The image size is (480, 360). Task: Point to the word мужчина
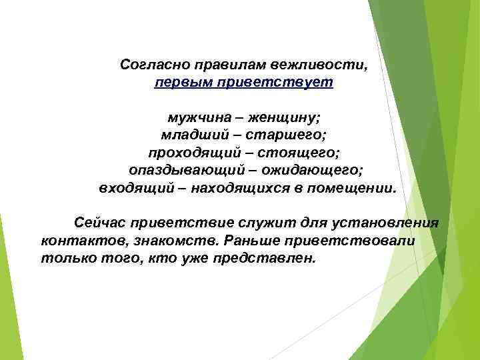tap(198, 118)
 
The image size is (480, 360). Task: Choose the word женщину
tap(283, 118)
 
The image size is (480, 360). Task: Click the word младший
tap(189, 135)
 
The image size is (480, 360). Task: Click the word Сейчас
tap(101, 222)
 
